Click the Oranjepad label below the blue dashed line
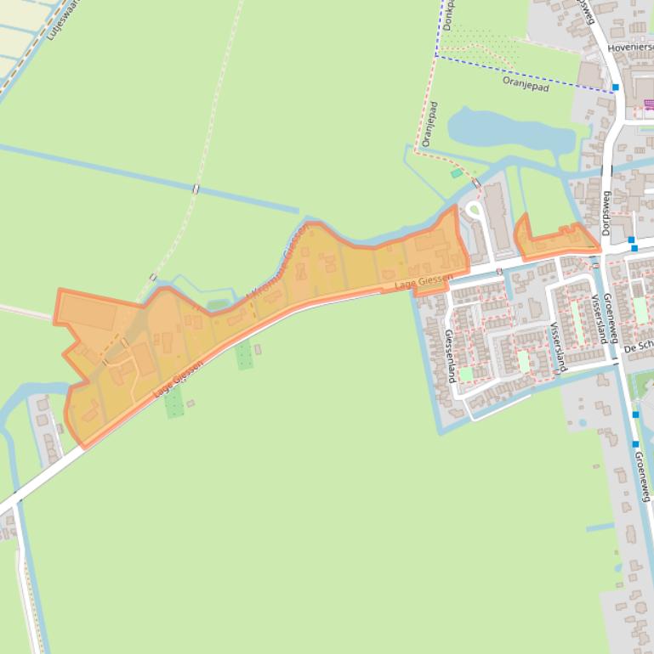pos(526,83)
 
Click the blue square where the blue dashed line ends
pos(615,87)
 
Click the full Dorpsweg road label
pos(607,212)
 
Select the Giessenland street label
pos(448,356)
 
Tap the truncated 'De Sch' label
pos(638,349)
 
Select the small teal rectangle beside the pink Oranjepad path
pos(457,173)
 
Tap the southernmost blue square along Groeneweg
pos(635,443)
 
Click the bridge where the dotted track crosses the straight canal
pos(196,189)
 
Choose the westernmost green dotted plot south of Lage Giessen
pos(174,403)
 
